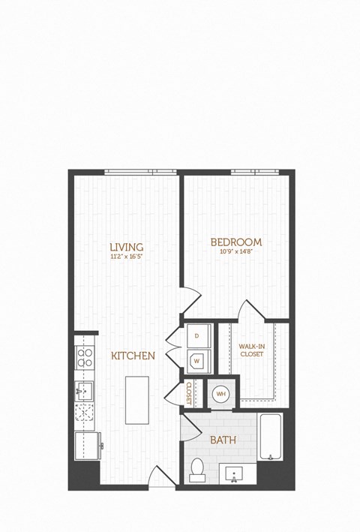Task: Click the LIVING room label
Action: click(126, 246)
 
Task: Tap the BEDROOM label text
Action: click(235, 242)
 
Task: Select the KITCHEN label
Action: click(133, 356)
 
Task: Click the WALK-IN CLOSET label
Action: click(250, 350)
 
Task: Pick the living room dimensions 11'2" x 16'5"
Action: click(126, 256)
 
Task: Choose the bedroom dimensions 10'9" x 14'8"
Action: click(235, 251)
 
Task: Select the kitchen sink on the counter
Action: click(83, 390)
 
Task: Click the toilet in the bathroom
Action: click(197, 470)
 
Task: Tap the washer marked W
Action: click(196, 360)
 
